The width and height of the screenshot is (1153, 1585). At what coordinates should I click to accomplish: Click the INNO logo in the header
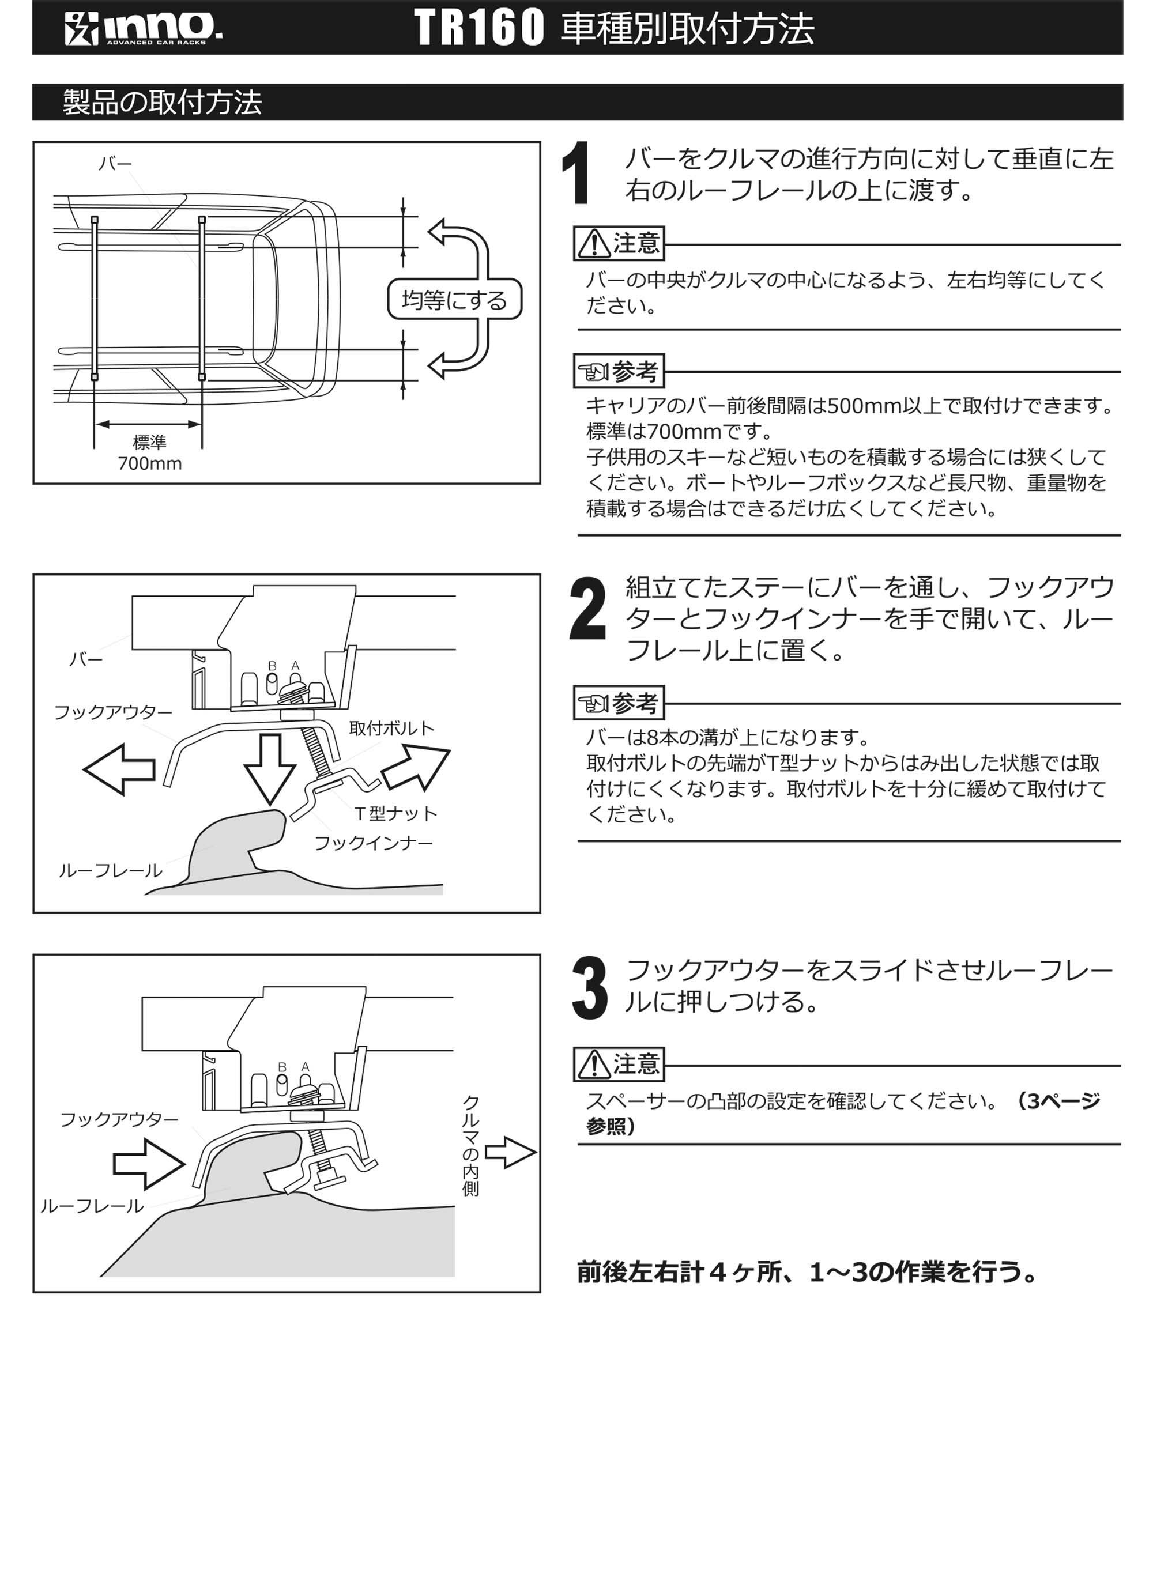pyautogui.click(x=144, y=28)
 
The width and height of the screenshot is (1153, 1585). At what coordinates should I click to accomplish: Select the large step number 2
pyautogui.click(x=587, y=609)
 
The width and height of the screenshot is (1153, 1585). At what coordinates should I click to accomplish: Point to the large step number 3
pyautogui.click(x=589, y=988)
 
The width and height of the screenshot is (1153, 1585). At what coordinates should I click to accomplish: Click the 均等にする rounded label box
pyautogui.click(x=454, y=300)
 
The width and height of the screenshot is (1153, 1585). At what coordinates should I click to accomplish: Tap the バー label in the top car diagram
pyautogui.click(x=115, y=164)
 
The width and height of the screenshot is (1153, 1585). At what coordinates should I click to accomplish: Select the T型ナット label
pyautogui.click(x=395, y=813)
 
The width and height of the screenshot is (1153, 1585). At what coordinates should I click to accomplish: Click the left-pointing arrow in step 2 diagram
pyautogui.click(x=119, y=769)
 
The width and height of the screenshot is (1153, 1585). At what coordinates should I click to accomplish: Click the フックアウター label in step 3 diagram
pyautogui.click(x=119, y=1119)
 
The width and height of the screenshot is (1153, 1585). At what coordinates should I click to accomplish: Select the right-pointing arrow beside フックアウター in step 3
pyautogui.click(x=149, y=1164)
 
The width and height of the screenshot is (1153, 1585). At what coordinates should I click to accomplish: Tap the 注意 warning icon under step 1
pyautogui.click(x=593, y=243)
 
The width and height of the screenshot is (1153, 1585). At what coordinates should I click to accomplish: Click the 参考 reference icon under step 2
pyautogui.click(x=593, y=703)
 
